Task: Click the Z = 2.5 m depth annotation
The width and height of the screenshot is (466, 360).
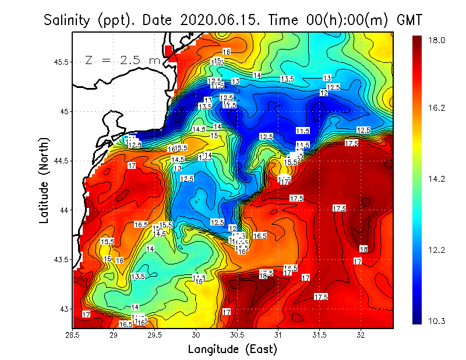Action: (122, 60)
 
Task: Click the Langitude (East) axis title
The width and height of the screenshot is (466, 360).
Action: (232, 349)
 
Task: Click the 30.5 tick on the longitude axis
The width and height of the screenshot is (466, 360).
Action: (237, 335)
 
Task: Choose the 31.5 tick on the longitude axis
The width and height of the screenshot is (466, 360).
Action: (319, 335)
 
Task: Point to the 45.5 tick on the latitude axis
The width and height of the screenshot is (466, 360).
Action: (61, 62)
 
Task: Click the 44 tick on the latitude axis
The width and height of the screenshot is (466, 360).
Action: (63, 210)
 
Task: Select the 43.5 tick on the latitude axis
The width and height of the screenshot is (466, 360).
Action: (61, 259)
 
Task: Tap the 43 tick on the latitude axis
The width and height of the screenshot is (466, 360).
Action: (63, 309)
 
